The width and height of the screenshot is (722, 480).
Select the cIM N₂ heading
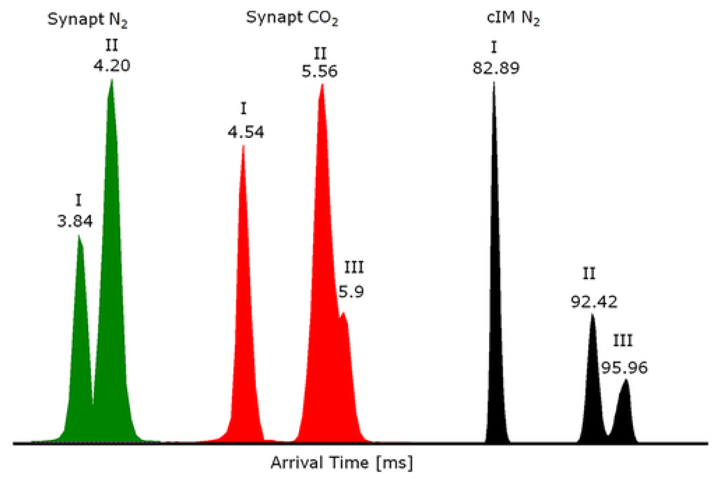(x=513, y=18)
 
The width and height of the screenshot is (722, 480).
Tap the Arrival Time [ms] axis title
(x=341, y=463)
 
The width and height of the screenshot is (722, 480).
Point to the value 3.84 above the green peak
(x=75, y=221)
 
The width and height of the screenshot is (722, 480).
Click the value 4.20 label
(x=111, y=65)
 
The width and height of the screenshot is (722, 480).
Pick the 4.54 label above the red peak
(x=246, y=132)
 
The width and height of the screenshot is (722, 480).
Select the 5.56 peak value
(x=319, y=71)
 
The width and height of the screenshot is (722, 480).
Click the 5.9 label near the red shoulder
(x=351, y=291)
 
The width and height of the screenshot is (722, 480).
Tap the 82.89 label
(x=496, y=68)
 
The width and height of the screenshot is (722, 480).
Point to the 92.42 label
(x=594, y=301)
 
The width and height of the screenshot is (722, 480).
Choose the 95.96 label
(x=624, y=368)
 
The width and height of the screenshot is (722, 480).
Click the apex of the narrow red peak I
(x=243, y=146)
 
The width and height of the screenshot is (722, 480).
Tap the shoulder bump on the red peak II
(x=343, y=314)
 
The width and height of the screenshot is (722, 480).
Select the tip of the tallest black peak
(x=494, y=83)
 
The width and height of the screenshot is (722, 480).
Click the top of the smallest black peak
(x=626, y=380)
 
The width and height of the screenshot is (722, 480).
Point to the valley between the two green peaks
(x=93, y=403)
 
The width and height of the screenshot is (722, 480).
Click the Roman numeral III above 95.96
(x=623, y=341)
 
